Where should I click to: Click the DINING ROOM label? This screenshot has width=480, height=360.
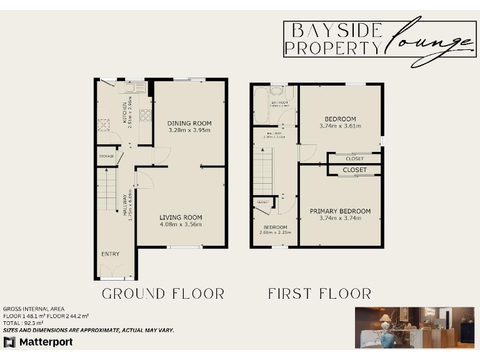pos(189,123)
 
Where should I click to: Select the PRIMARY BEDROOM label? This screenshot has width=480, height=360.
pos(340,211)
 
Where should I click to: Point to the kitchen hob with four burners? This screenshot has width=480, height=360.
pos(146,115)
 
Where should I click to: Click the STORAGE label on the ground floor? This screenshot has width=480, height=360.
pos(106,156)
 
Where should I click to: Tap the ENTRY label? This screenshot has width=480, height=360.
pos(110,254)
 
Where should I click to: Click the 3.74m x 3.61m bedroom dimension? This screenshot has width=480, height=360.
pos(340,126)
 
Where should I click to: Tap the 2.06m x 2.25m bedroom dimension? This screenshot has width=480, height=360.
pos(275,232)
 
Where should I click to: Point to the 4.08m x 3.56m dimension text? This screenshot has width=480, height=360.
pos(181,224)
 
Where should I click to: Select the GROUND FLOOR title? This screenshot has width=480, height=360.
pos(162,293)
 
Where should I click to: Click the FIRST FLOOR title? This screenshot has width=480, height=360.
pos(319,293)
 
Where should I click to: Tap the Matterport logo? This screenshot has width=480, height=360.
pos(38,342)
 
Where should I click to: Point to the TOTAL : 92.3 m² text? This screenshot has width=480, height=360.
pos(24,323)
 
